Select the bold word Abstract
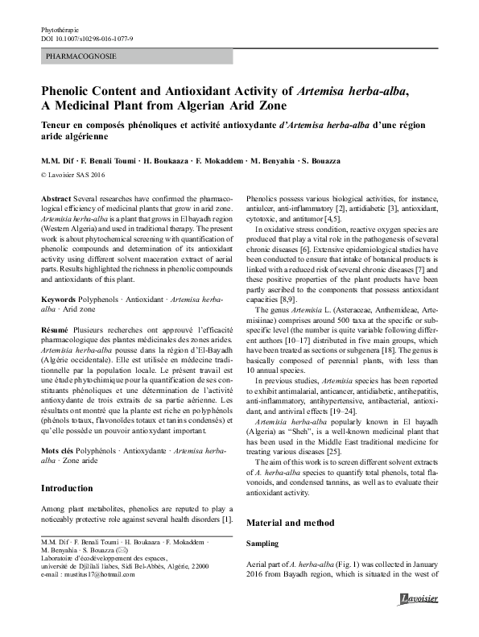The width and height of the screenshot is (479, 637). pos(56,197)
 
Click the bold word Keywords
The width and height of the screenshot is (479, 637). pos(60,299)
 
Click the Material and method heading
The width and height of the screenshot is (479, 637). pos(290,523)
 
